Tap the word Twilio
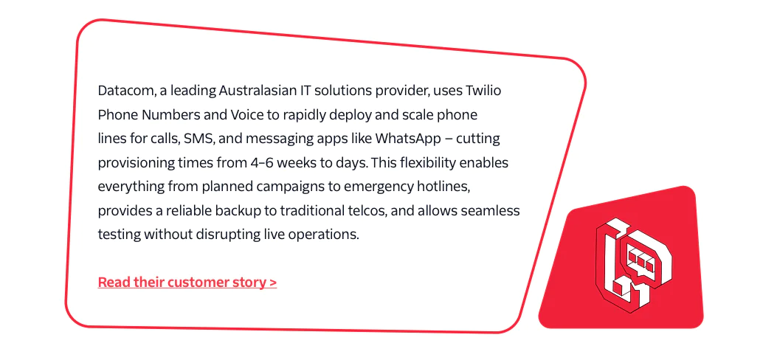click(x=483, y=91)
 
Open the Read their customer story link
click(x=187, y=283)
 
